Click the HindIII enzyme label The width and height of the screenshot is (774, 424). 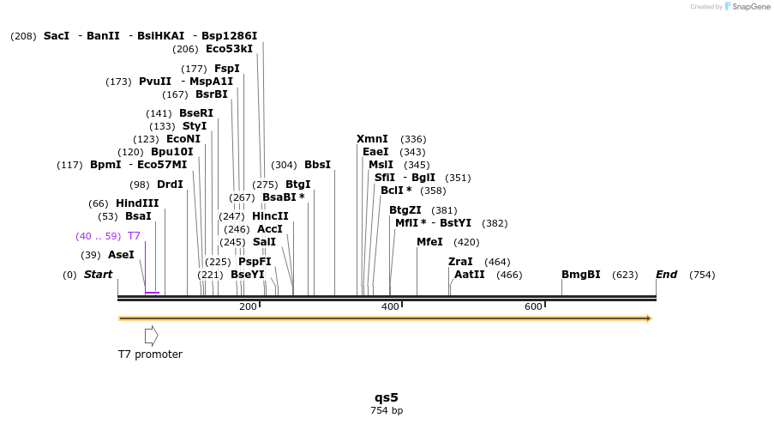tap(137, 203)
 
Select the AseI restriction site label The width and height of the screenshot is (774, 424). tap(121, 255)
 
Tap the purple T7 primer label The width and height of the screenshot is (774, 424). tap(134, 236)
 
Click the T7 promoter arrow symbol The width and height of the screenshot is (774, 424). tap(151, 336)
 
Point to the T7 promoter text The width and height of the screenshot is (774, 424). tap(150, 354)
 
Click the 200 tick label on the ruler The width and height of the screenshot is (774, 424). tap(248, 306)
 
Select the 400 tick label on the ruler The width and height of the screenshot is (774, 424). tap(390, 306)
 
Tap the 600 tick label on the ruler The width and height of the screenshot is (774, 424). tap(533, 306)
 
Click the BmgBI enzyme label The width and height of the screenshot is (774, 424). tap(580, 275)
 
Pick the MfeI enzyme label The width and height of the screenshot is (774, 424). tap(429, 242)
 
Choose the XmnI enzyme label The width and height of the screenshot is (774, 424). tap(372, 139)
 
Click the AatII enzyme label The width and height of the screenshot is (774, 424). tap(470, 275)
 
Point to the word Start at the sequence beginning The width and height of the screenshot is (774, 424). tap(98, 275)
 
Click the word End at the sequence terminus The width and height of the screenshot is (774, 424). tap(666, 275)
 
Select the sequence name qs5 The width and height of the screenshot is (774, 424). tap(387, 397)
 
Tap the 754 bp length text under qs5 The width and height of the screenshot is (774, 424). tap(387, 411)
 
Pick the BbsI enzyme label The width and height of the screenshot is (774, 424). tap(317, 165)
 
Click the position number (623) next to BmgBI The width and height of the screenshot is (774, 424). tap(625, 275)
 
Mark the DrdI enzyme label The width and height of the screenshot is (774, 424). tap(170, 185)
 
